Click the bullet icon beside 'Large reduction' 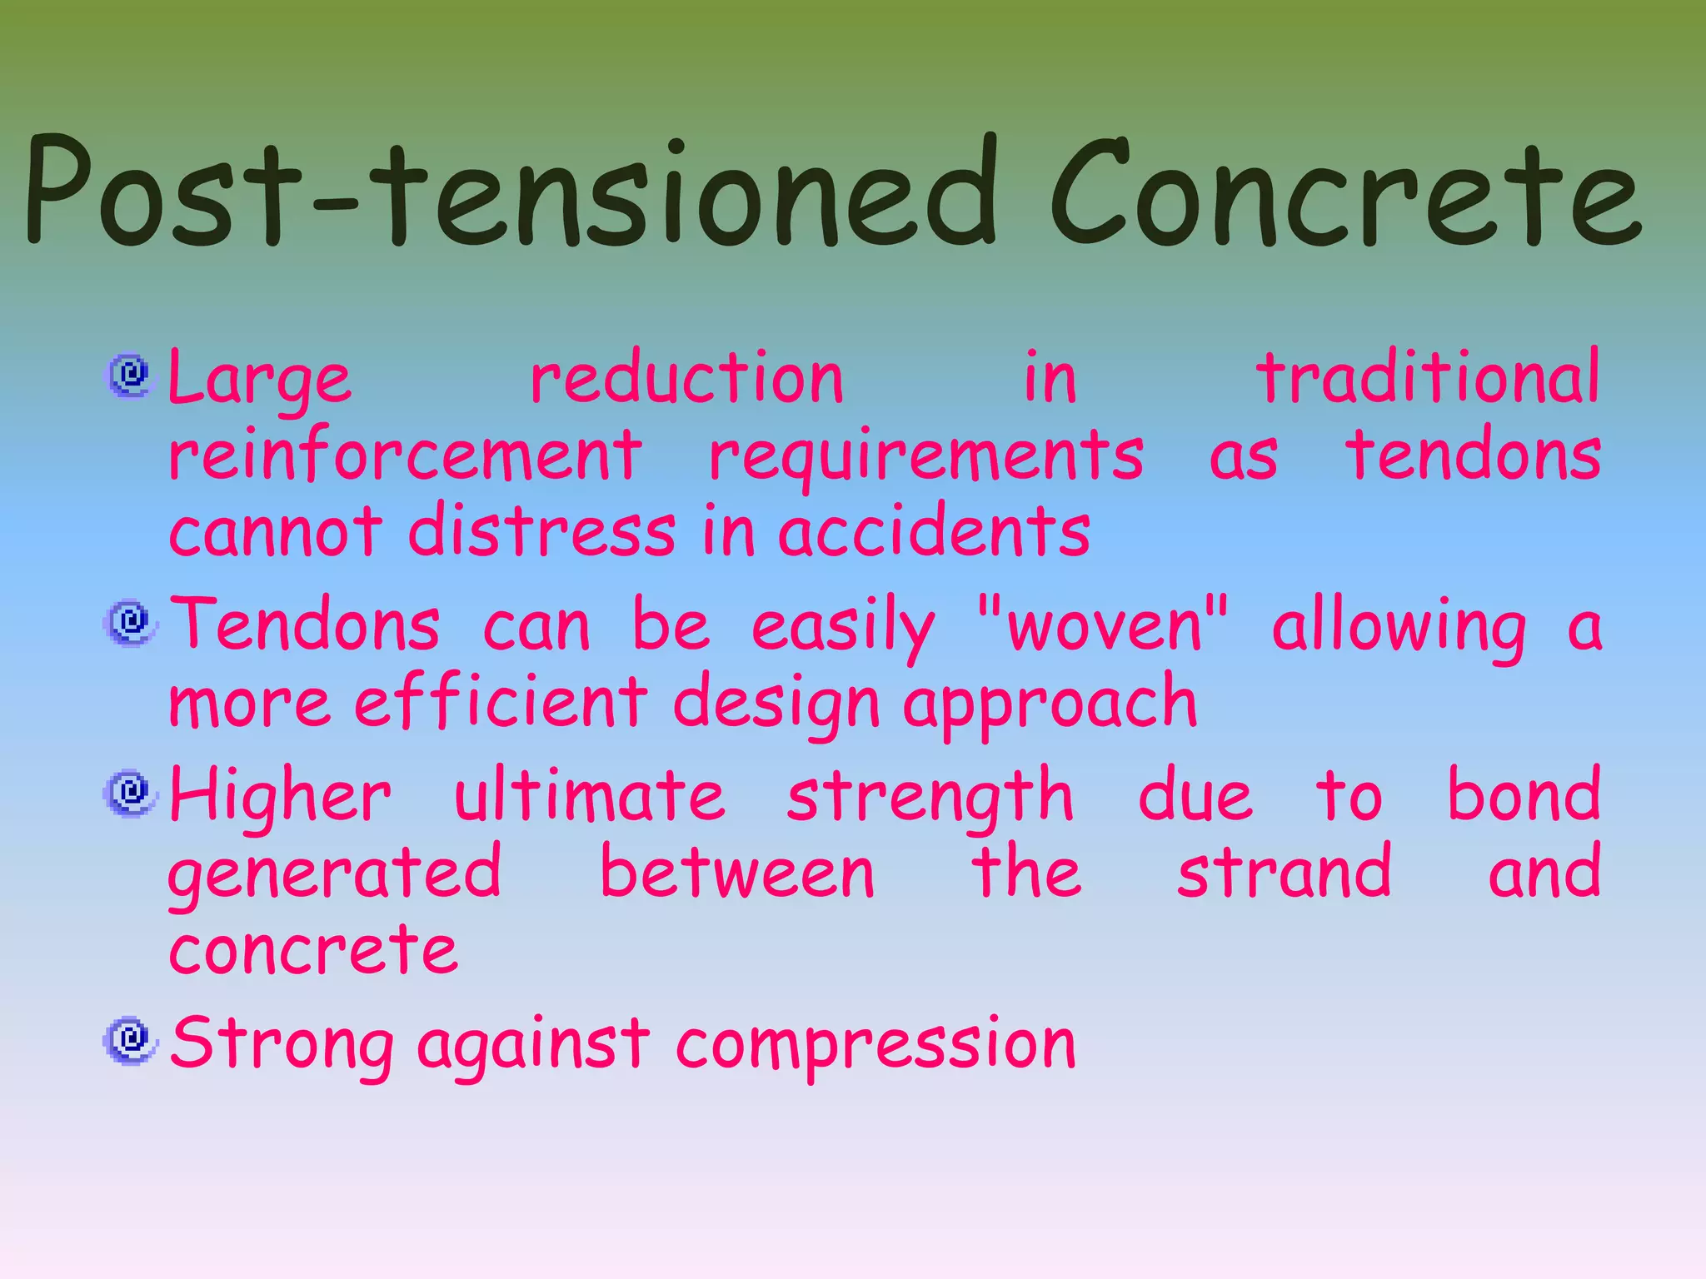click(x=130, y=376)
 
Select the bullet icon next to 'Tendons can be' click(x=130, y=623)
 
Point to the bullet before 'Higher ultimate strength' click(x=130, y=793)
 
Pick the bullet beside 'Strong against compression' click(x=130, y=1041)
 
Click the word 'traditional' click(x=1428, y=377)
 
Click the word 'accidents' click(x=934, y=531)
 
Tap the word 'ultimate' click(x=589, y=794)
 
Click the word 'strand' click(x=1284, y=871)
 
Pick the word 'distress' click(x=541, y=531)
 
